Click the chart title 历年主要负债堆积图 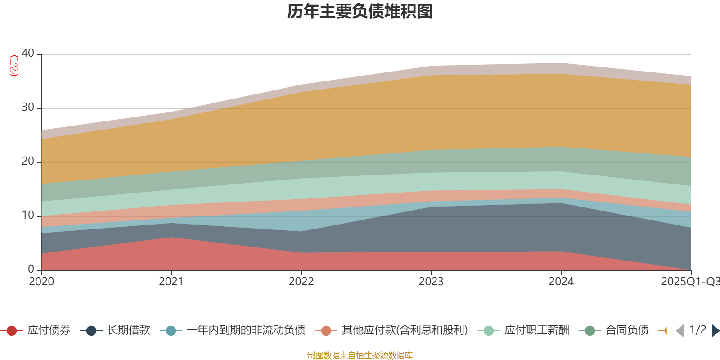(360, 12)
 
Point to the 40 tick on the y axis (28, 54)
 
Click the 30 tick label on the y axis (28, 108)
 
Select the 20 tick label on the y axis (28, 162)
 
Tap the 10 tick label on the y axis (28, 216)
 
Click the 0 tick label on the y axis (31, 269)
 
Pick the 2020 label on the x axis (41, 282)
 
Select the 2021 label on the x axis (171, 282)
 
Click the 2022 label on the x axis (301, 282)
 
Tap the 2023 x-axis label (431, 282)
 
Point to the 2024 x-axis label (561, 282)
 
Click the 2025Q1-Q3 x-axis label (689, 282)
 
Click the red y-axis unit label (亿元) (14, 66)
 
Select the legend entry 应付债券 (49, 331)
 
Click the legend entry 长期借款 (128, 331)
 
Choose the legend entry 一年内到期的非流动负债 (246, 331)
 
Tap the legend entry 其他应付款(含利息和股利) (405, 331)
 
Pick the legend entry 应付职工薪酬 (536, 331)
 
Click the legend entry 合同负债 (627, 331)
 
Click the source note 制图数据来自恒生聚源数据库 (360, 355)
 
